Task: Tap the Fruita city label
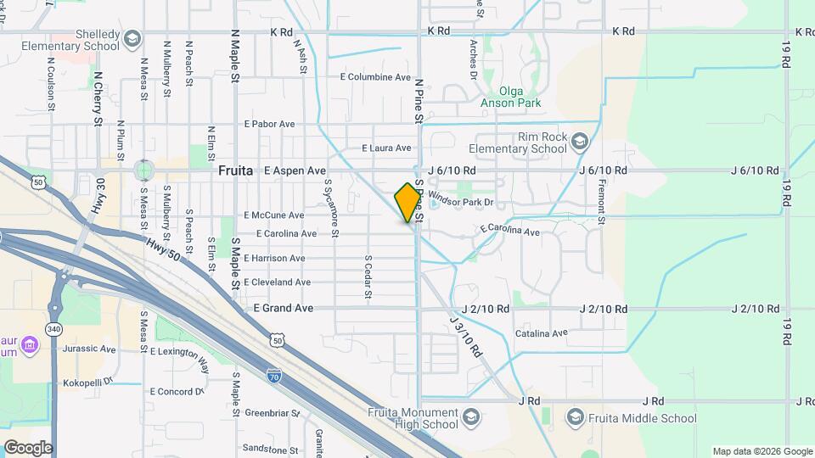tap(236, 170)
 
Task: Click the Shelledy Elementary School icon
tap(132, 39)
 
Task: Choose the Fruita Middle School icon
tap(576, 417)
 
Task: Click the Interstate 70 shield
tap(273, 373)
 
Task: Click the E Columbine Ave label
tap(374, 76)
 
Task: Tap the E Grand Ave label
tap(284, 308)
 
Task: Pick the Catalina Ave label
tap(541, 333)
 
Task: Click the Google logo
tap(27, 448)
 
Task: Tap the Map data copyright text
tap(762, 451)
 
